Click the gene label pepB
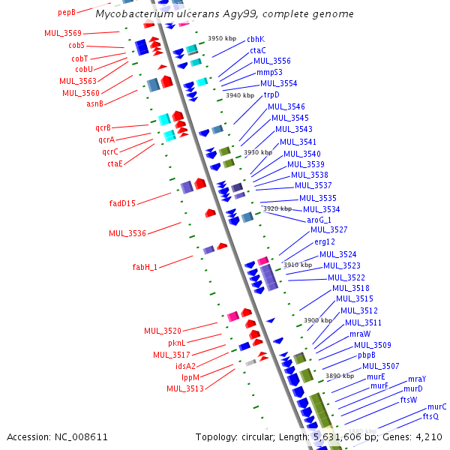(67, 13)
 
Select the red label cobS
(76, 45)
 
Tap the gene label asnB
(94, 103)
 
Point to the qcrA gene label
(106, 139)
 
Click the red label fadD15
(122, 203)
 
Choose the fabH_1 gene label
(145, 267)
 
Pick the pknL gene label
(177, 343)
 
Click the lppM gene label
(190, 377)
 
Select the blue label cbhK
(256, 39)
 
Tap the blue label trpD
(271, 94)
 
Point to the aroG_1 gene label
(319, 220)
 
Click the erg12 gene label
(325, 241)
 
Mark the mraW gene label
(360, 334)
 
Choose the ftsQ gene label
(430, 416)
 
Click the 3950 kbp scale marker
(222, 38)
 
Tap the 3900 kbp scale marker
(318, 320)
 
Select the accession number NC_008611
(81, 437)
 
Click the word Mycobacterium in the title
(134, 13)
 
